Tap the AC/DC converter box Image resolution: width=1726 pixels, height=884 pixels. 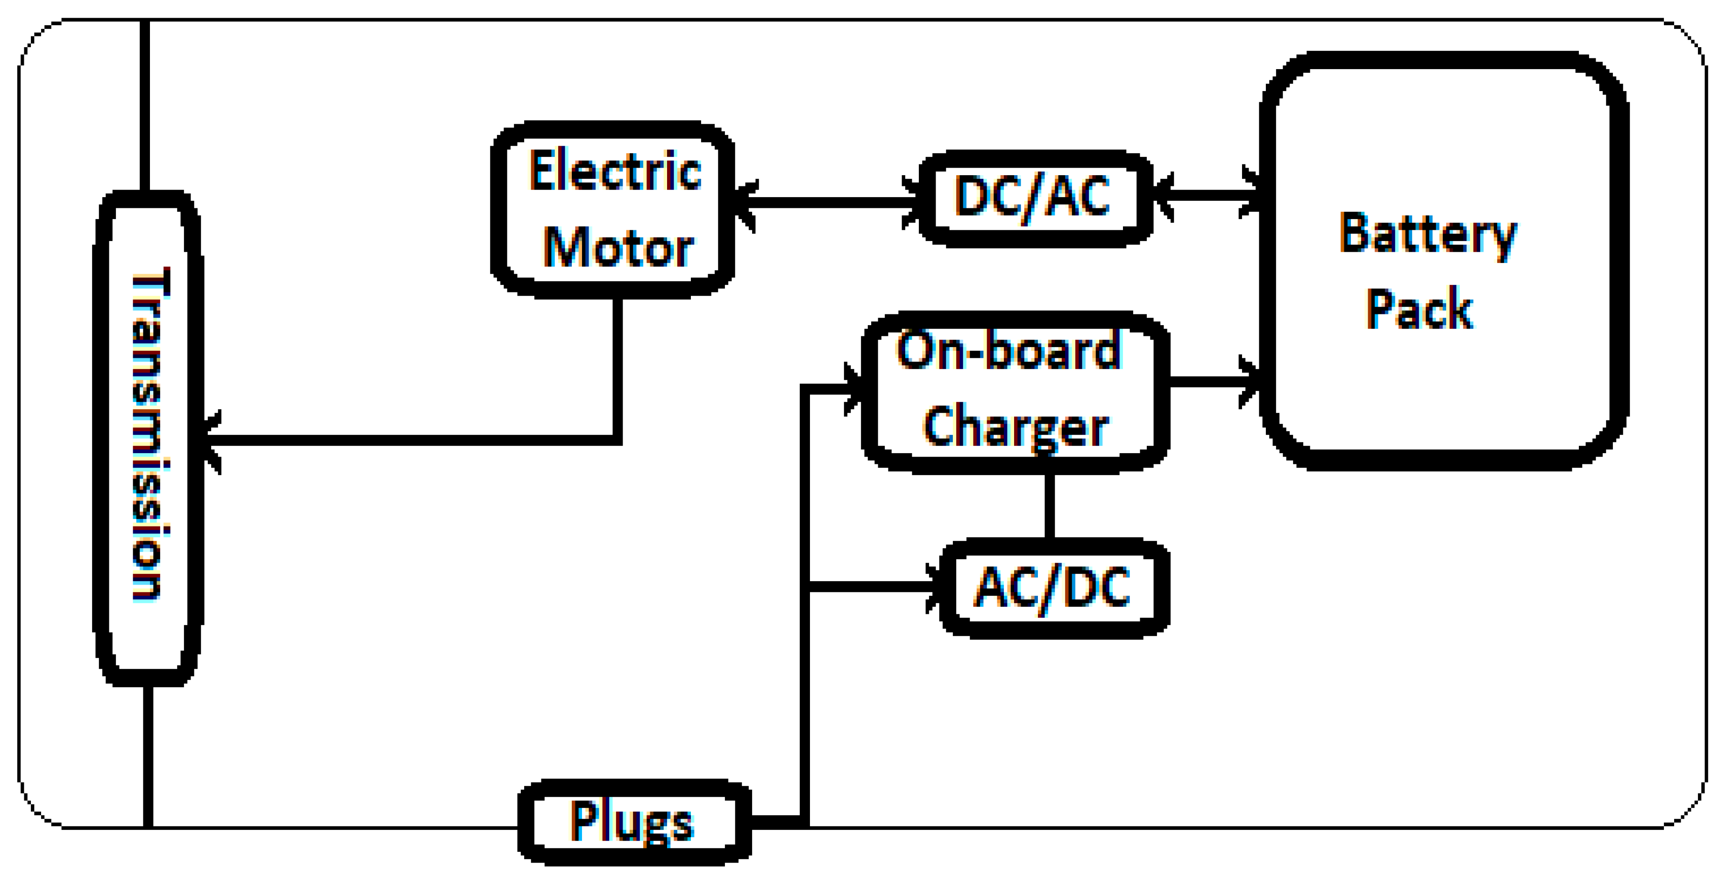coord(1055,587)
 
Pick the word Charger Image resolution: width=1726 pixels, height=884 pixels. coord(1015,426)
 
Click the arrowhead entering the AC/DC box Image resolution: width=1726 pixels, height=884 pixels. coord(935,587)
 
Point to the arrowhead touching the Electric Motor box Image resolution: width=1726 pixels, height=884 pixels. coord(745,204)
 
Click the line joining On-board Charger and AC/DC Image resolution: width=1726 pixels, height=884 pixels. coord(1049,506)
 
